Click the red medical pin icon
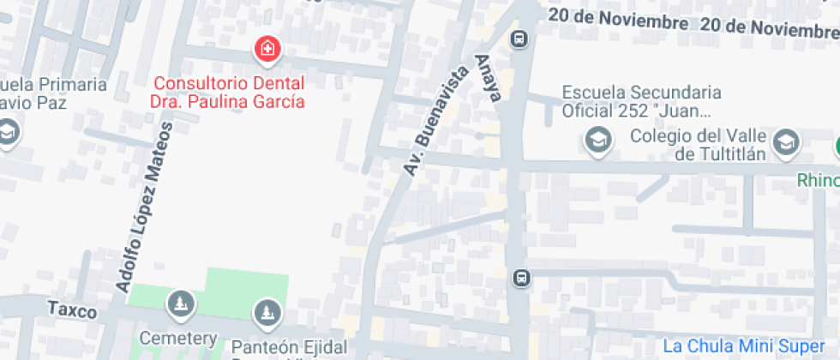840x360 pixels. [267, 49]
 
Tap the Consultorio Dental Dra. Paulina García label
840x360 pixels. [229, 93]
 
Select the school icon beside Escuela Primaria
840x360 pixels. [8, 133]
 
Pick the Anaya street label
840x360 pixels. [487, 78]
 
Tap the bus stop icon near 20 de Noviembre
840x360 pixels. [519, 39]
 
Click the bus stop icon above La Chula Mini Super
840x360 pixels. [520, 278]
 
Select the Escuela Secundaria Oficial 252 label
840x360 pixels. [641, 101]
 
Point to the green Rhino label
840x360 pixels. [819, 180]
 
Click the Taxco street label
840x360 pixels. [71, 309]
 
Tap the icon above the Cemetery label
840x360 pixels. [180, 302]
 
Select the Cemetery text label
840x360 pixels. [178, 339]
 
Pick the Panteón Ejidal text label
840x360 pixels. [290, 347]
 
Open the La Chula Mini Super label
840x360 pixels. [742, 345]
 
